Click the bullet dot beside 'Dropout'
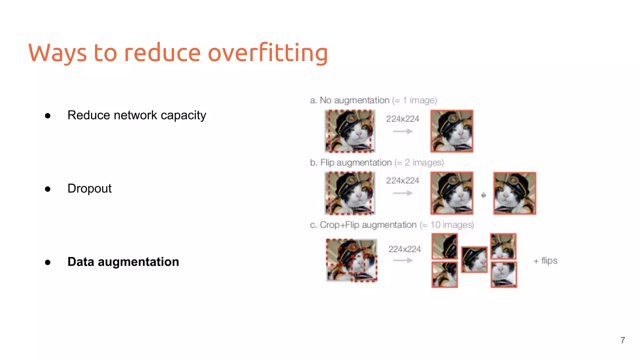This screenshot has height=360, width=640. tap(47, 189)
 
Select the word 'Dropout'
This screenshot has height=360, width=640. tap(89, 188)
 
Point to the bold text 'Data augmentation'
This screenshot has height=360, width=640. tap(123, 262)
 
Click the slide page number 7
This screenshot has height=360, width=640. tap(622, 340)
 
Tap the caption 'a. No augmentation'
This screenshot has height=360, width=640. tap(349, 100)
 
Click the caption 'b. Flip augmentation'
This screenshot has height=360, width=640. tap(351, 162)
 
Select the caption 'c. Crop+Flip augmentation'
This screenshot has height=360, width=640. tap(363, 225)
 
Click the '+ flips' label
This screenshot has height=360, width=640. tap(545, 261)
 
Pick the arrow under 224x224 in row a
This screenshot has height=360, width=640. tap(402, 131)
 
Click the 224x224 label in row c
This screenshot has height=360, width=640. tap(404, 249)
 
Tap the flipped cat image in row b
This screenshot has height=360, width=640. tap(515, 193)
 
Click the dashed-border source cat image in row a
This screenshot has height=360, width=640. tap(350, 131)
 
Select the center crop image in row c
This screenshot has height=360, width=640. tap(474, 259)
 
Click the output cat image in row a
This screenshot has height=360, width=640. tap(452, 131)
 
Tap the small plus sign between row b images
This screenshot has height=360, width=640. tap(483, 195)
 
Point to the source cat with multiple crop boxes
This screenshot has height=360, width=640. tap(352, 260)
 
